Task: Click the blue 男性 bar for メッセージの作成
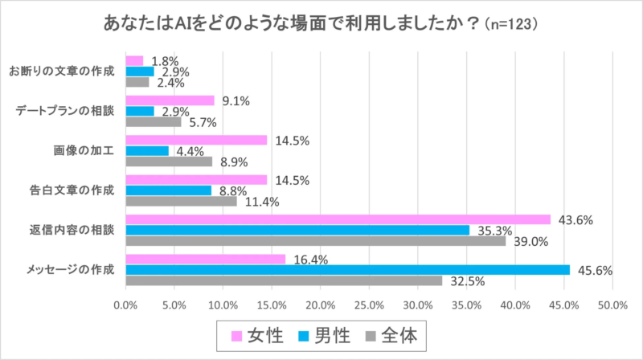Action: (347, 269)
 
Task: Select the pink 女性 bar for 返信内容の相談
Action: (338, 219)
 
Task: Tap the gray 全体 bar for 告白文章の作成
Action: (182, 201)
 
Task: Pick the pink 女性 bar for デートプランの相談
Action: (170, 100)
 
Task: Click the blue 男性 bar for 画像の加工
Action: (147, 150)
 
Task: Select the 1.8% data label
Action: (164, 61)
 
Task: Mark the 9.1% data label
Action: (236, 100)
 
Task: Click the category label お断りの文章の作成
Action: (62, 72)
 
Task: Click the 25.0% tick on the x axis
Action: (369, 305)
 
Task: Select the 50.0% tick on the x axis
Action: (612, 305)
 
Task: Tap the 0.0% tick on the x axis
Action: (125, 305)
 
